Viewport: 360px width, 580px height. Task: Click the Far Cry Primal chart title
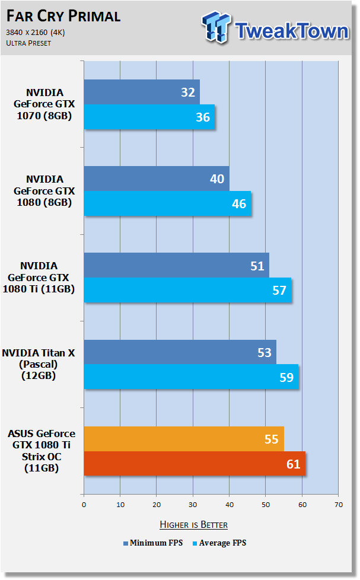point(63,16)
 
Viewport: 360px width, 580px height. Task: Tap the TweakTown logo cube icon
point(216,27)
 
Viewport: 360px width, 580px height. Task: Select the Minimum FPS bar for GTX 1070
point(142,92)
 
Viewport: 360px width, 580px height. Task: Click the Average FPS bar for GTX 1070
point(149,117)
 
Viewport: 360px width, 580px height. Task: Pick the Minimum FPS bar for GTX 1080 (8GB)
point(157,179)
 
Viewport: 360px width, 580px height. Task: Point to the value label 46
point(239,204)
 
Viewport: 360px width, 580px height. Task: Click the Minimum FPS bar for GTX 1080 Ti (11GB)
point(177,265)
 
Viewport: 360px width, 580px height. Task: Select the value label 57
point(279,291)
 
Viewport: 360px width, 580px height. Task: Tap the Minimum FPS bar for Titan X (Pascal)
point(180,352)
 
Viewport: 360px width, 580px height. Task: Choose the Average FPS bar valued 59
point(191,377)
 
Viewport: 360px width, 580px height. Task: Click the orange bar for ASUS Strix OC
point(184,439)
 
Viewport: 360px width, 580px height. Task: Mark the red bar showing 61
point(195,464)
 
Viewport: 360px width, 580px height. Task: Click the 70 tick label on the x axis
point(339,505)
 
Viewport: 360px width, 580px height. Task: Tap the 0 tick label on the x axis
point(84,505)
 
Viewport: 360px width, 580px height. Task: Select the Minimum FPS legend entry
point(153,543)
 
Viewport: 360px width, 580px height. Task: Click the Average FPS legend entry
point(219,543)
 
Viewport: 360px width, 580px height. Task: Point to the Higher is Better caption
point(193,524)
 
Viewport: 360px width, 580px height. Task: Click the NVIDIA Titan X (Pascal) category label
point(39,364)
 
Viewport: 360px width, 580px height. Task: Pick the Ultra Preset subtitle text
point(28,43)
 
